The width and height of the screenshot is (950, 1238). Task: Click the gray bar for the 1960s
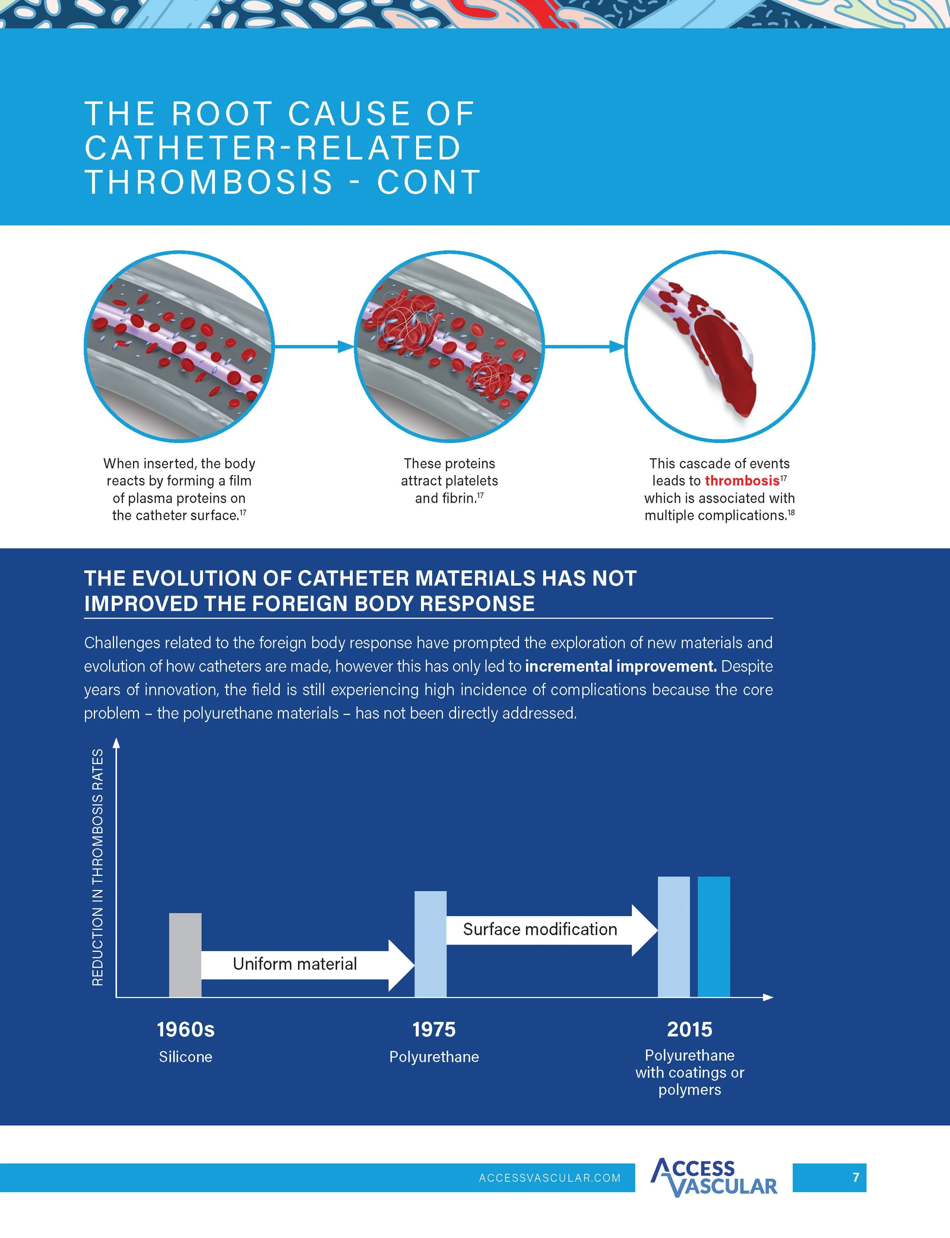[185, 955]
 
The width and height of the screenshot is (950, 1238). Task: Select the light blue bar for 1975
[430, 944]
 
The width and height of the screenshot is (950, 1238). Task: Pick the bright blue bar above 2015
[714, 936]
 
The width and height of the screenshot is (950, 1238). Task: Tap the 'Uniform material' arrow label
[294, 964]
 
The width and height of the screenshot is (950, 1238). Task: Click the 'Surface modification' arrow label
[540, 929]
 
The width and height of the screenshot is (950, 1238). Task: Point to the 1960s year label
[185, 1029]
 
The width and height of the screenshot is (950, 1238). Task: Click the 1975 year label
[434, 1029]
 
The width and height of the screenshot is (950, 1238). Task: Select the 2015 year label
[689, 1029]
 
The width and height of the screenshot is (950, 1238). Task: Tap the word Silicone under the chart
[185, 1057]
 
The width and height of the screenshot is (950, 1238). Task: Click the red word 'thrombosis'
[742, 481]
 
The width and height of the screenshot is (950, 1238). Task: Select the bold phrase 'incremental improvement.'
[620, 666]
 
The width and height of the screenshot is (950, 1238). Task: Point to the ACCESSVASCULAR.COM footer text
[549, 1178]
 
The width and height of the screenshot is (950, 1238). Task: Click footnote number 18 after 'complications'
[791, 513]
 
